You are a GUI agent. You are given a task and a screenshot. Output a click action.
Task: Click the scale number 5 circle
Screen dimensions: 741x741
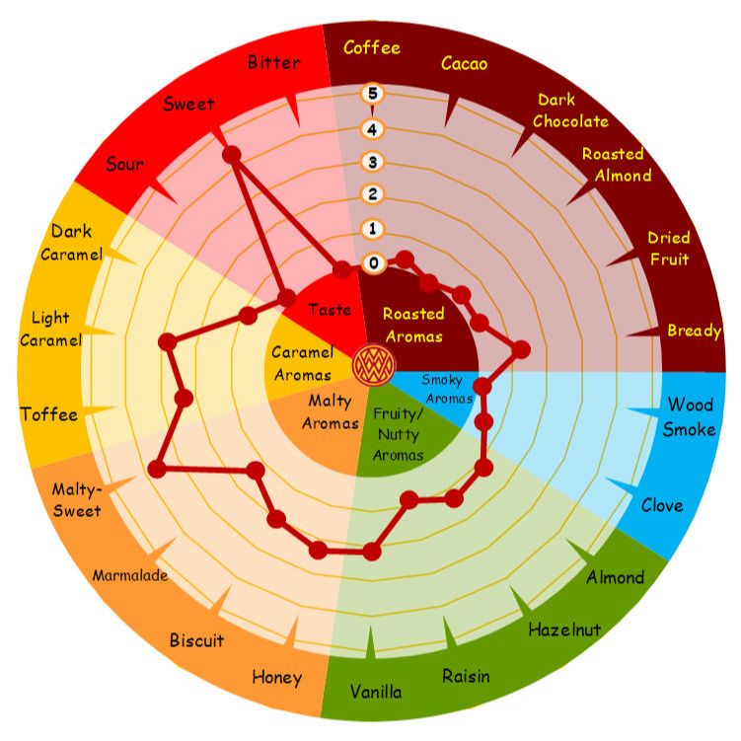coord(372,94)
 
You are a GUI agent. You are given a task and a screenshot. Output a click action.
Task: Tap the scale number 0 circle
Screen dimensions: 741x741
coord(373,262)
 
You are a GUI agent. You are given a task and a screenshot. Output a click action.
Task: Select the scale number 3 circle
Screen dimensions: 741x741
coord(372,162)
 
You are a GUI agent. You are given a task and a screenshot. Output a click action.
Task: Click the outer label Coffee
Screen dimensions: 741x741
coord(372,47)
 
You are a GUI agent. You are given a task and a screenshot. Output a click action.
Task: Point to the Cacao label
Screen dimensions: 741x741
coord(464,63)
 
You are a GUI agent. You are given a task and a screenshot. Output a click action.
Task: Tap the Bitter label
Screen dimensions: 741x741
coord(274,62)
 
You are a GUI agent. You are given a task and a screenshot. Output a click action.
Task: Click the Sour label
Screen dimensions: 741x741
coord(125,164)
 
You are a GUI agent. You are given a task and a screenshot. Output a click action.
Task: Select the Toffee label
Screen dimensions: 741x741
coord(49,414)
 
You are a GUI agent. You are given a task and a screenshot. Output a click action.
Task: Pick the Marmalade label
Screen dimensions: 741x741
coord(130,575)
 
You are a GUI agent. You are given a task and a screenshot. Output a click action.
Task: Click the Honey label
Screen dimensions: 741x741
coord(277,678)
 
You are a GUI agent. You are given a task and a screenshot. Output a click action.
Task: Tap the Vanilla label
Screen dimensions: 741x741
coord(376,692)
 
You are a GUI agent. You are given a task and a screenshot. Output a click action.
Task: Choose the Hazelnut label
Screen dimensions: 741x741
coord(564,630)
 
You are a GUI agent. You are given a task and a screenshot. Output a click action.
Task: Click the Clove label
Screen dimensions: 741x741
coord(662,505)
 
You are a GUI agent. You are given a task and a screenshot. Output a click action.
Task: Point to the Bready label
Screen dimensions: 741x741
coord(695,331)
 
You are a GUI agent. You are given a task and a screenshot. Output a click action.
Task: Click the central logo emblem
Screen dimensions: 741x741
coord(374,365)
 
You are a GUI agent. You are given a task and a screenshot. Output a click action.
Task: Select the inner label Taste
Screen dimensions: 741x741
coord(330,310)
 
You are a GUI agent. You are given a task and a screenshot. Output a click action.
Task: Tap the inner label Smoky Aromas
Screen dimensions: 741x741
coord(447,389)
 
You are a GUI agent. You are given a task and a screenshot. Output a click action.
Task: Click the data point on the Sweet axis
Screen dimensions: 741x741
coord(232,155)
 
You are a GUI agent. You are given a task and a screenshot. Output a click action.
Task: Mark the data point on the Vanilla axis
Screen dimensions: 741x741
coord(372,552)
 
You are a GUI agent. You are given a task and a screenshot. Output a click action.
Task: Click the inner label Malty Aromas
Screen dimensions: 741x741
coord(330,412)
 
